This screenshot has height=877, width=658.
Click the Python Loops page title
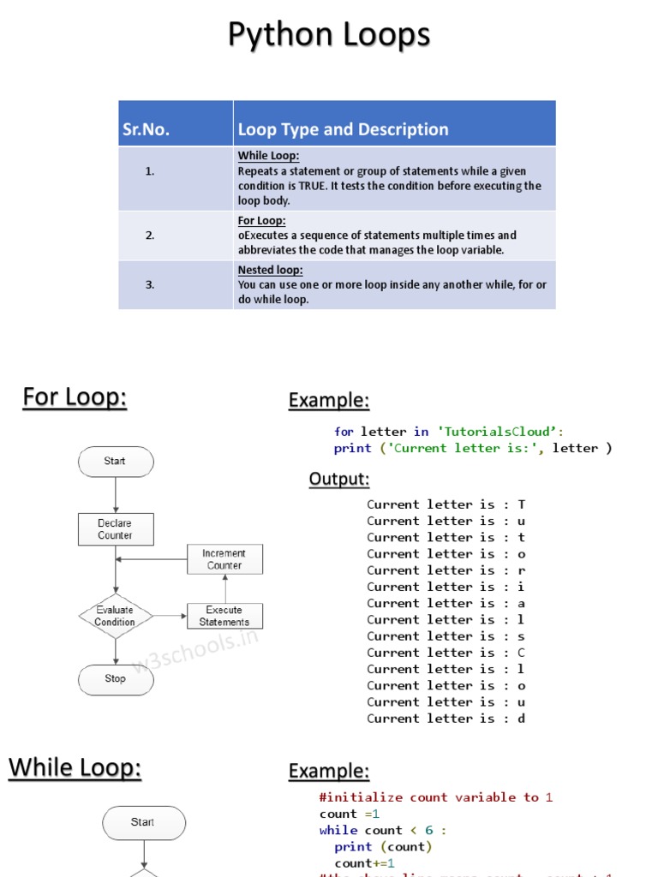click(329, 36)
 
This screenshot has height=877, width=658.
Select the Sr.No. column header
click(146, 129)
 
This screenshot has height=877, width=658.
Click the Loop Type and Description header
click(343, 129)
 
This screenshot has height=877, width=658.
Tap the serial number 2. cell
click(150, 236)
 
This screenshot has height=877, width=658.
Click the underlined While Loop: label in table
click(268, 156)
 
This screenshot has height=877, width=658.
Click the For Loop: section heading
click(75, 397)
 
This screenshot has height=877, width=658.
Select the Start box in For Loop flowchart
click(115, 462)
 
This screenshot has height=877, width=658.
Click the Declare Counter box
click(115, 529)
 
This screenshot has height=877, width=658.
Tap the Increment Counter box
click(224, 559)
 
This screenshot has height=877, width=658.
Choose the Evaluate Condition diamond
click(115, 616)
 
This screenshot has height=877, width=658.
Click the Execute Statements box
click(224, 616)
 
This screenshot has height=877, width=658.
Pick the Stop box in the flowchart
click(115, 679)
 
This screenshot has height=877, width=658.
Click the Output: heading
click(339, 479)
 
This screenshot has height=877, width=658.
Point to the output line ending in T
click(446, 504)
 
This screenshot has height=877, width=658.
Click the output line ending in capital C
click(446, 653)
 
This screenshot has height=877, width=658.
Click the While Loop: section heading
click(75, 768)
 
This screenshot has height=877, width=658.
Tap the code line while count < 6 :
click(383, 830)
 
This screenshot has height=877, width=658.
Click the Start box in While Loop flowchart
click(142, 822)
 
